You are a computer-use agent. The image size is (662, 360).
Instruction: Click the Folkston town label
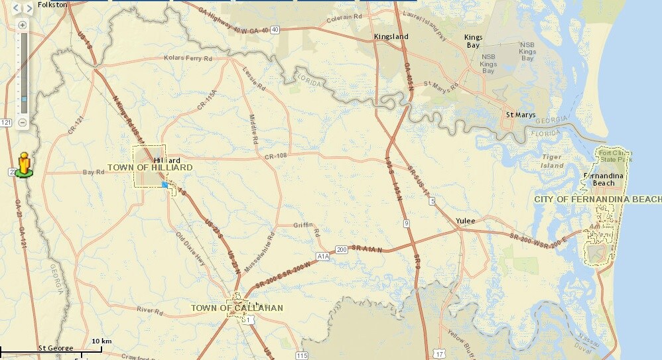point(52,5)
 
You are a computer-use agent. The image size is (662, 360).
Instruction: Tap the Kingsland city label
point(391,36)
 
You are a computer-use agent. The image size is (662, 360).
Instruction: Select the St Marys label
point(520,115)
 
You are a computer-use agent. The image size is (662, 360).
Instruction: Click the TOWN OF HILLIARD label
point(150,168)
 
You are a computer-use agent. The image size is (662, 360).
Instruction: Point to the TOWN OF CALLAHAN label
point(237,308)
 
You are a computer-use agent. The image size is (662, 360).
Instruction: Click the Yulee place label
point(466,221)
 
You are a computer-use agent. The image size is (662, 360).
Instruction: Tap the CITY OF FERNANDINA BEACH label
point(598,200)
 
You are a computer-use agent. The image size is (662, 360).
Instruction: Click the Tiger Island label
point(552,161)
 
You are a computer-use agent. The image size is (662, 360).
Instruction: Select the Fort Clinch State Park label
point(612,156)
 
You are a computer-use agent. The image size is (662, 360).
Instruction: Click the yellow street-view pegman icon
point(24,164)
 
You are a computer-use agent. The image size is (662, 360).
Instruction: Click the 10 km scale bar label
point(101,341)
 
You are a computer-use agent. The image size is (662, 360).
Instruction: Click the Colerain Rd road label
point(344,19)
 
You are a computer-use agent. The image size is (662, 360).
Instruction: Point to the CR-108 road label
point(275,156)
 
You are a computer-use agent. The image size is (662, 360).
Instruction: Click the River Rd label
point(150,310)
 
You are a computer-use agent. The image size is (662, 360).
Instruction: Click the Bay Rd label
point(94,172)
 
